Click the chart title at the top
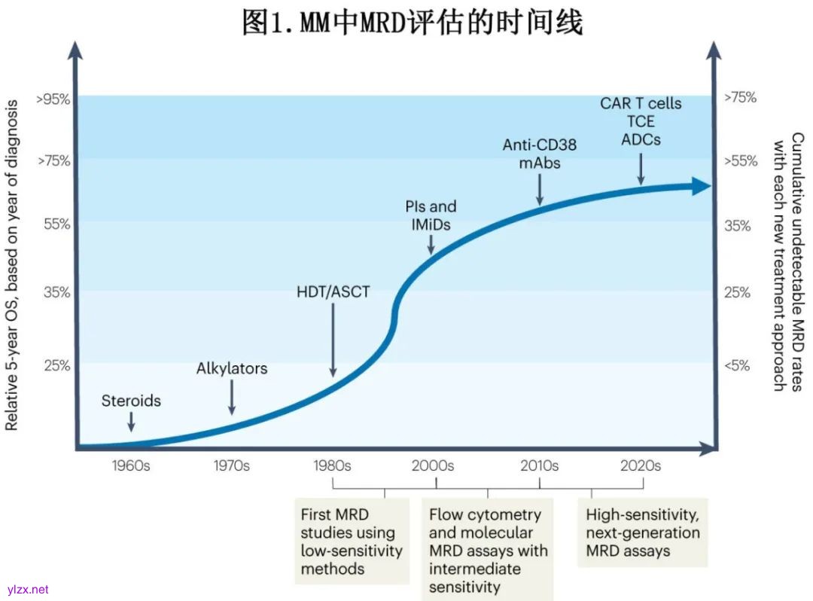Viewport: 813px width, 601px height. (412, 22)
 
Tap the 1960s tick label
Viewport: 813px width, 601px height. (131, 465)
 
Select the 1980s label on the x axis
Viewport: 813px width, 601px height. (332, 465)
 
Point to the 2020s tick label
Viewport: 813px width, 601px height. (641, 465)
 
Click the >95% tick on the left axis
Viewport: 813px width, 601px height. (53, 99)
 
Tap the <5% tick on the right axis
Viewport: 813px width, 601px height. (737, 365)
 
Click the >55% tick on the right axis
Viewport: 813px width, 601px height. (740, 161)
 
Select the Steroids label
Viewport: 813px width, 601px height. (131, 401)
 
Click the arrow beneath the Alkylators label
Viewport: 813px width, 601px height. (232, 398)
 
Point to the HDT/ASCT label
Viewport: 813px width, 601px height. (333, 291)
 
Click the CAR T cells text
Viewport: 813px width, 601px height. (641, 103)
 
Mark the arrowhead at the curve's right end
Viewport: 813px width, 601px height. (702, 186)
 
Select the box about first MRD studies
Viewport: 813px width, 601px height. (352, 542)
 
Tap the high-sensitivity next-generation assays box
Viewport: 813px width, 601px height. (643, 532)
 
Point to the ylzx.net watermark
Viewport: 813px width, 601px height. (27, 590)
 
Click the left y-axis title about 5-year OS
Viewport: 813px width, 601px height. (13, 267)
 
